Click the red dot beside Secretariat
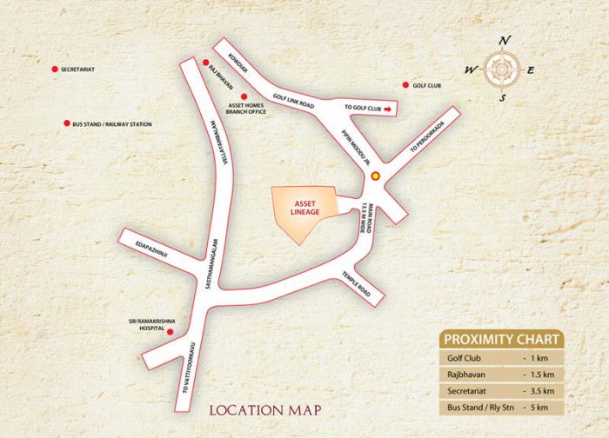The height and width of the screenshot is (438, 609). point(54,70)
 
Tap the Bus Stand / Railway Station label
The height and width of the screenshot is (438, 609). point(112,124)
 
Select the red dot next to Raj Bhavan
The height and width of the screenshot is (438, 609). point(205,63)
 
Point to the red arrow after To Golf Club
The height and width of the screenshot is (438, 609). point(389,108)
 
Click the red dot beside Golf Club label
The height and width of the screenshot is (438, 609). point(405,85)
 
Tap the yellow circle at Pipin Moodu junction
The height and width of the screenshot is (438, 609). point(375,175)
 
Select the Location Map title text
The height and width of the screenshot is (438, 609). point(267,408)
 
